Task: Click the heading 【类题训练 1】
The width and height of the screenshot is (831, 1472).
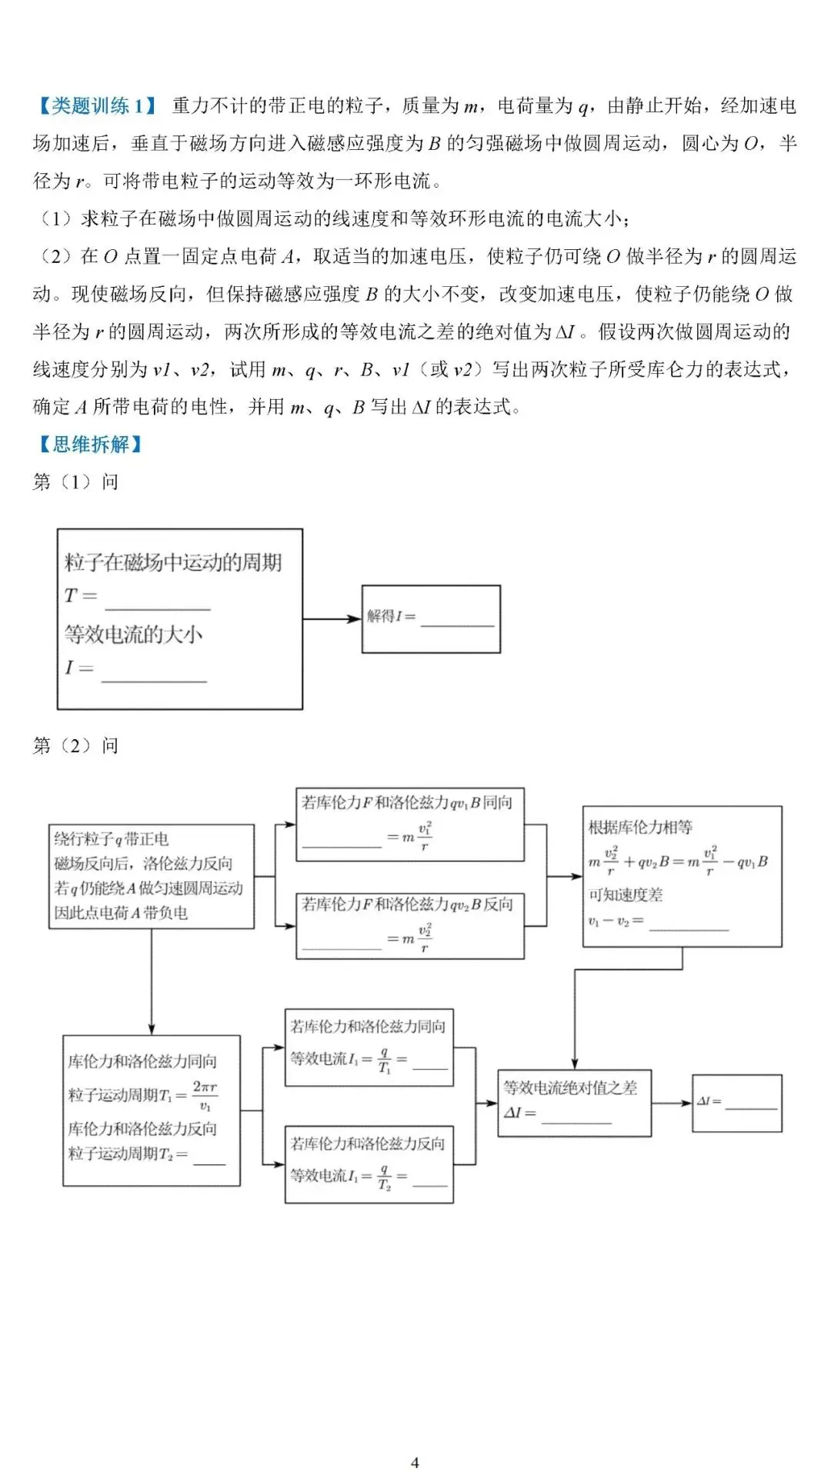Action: (x=96, y=105)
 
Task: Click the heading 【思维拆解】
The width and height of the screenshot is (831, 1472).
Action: (x=89, y=444)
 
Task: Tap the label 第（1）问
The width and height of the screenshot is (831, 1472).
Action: (x=75, y=482)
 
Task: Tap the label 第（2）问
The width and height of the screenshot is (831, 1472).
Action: (x=75, y=745)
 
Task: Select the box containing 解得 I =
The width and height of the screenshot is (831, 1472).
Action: (x=431, y=619)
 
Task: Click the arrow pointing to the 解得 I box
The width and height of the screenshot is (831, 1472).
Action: (x=332, y=618)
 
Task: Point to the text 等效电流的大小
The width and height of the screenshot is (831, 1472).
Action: (x=133, y=634)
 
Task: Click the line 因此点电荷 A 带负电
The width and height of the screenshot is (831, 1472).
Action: (x=121, y=913)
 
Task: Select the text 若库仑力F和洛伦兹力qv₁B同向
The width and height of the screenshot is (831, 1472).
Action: (x=407, y=803)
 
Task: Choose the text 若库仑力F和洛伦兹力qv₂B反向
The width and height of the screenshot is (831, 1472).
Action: (x=407, y=904)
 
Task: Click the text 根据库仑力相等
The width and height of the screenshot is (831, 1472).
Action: (x=640, y=828)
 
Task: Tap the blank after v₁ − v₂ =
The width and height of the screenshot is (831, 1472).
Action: (x=689, y=923)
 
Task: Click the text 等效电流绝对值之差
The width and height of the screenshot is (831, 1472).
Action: (x=570, y=1087)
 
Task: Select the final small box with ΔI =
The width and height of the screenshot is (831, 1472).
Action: (x=737, y=1104)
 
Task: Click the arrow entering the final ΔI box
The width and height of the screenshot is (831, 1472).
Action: (x=672, y=1104)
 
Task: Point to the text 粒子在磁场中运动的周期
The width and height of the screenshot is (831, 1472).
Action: (x=173, y=562)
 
